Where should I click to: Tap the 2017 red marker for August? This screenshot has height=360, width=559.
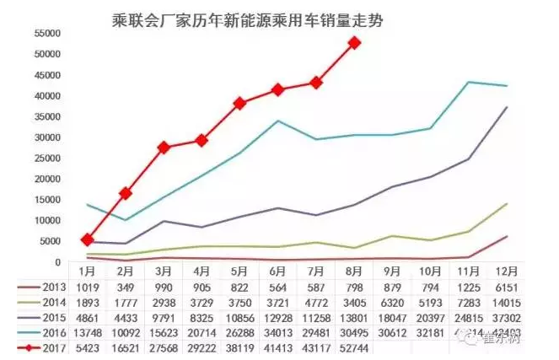[355, 43]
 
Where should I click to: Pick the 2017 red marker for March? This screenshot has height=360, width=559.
[164, 148]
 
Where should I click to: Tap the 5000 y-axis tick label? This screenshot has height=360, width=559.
[52, 241]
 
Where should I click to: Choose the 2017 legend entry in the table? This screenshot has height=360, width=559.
[44, 347]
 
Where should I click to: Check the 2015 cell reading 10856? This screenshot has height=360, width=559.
[240, 318]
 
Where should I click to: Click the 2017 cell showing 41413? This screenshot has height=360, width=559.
[278, 347]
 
